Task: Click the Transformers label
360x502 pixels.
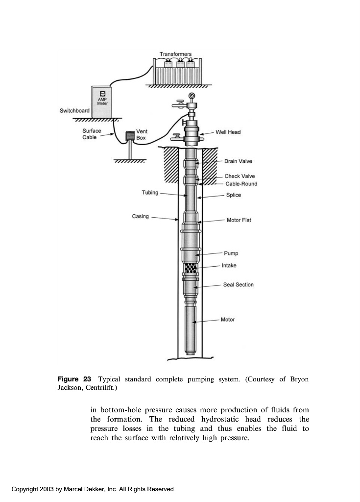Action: [x=175, y=53]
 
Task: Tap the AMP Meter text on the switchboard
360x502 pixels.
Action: [x=102, y=101]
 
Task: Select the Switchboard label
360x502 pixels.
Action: [x=74, y=110]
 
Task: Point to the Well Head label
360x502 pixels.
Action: [x=228, y=132]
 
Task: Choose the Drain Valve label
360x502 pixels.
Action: [x=239, y=161]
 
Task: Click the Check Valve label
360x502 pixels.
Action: [x=240, y=176]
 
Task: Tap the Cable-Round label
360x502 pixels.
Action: [x=241, y=184]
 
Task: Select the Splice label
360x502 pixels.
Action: [x=234, y=195]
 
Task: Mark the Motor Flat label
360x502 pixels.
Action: [x=239, y=220]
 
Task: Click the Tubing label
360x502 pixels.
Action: [x=150, y=193]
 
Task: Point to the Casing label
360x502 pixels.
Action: [x=140, y=216]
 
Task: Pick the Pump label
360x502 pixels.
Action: [x=231, y=253]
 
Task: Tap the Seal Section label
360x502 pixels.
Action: [x=238, y=285]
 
